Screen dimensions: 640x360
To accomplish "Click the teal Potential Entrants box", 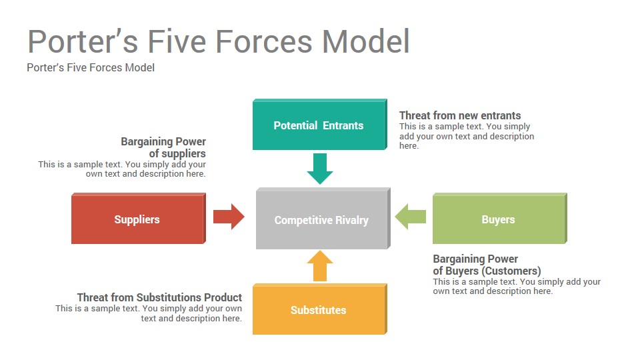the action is pos(319,124).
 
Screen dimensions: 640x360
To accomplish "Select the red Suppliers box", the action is pos(139,219).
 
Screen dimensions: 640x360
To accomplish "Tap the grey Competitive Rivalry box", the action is pos(323,219).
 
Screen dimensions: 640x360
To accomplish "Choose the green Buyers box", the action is pos(499,219).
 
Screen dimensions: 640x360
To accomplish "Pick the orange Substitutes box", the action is pos(319,309).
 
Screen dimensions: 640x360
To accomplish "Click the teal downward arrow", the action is pos(320,169).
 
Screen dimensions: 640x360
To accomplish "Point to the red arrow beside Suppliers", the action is pos(229,216).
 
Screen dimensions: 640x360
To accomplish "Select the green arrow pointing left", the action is pos(410,216).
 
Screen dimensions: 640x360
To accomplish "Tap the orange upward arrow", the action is pos(320,266).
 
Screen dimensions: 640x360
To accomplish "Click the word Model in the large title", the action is pos(366,41).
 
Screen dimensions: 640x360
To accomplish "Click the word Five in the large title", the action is pos(177,41).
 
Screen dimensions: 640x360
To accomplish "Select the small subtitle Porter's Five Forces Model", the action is pos(91,68).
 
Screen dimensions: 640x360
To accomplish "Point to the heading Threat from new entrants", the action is pos(460,115).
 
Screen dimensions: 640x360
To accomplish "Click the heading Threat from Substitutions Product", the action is pos(159,297).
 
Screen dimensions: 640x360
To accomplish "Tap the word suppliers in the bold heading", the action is pos(183,154).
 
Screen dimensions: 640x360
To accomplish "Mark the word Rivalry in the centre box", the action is pos(352,221).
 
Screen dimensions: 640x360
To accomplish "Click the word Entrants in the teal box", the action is pos(343,125).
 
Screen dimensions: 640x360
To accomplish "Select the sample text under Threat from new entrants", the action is pos(467,136).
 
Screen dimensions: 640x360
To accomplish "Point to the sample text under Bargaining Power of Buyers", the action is pos(517,286).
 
